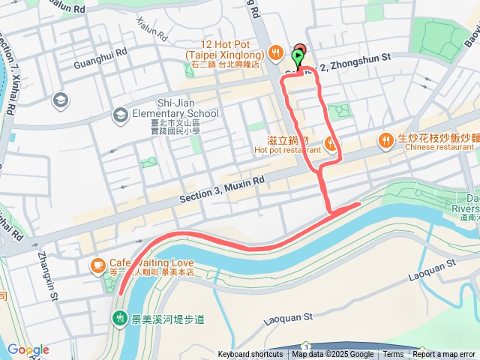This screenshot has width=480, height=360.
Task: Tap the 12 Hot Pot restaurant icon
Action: [277, 52]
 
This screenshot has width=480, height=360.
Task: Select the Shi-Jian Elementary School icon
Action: [120, 115]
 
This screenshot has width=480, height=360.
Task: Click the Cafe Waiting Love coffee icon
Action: [97, 264]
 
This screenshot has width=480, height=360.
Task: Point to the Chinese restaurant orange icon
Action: [385, 140]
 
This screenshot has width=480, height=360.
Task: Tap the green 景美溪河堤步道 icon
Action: [120, 319]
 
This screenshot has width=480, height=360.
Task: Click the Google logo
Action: [28, 349]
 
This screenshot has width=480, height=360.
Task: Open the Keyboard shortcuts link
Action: [250, 355]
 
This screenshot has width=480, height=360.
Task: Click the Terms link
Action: [393, 355]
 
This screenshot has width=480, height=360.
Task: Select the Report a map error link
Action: [444, 355]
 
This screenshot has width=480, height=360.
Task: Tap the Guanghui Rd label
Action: [101, 59]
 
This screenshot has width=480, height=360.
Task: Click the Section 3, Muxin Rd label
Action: [223, 188]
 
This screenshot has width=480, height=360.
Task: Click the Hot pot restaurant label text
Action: [288, 150]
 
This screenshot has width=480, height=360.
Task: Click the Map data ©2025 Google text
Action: [333, 355]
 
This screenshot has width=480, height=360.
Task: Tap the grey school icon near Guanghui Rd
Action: [60, 100]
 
